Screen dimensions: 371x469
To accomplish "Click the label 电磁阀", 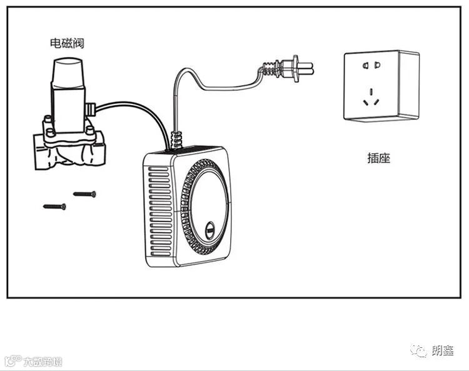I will [67, 43].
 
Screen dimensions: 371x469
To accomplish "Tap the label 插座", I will [378, 158].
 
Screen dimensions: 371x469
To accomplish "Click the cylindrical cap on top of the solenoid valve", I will [67, 73].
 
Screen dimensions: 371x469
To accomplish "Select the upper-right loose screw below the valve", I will [84, 194].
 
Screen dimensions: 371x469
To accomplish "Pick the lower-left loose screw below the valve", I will [54, 206].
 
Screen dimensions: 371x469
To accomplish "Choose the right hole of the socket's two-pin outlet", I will [377, 64].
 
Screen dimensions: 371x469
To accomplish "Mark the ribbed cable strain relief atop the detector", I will [176, 140].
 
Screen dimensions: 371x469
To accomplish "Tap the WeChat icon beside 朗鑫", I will [420, 352].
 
